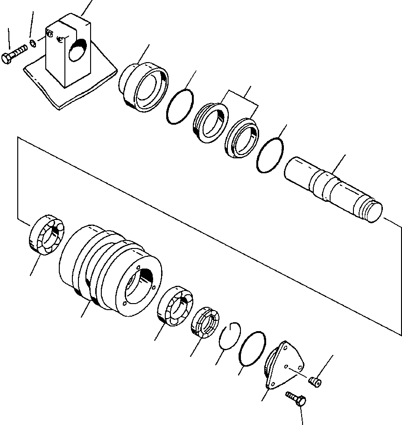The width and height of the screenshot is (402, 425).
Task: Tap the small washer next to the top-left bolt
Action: pos(32,43)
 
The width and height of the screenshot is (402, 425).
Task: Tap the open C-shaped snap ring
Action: pos(229,336)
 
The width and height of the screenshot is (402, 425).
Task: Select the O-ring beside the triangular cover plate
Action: pos(252,349)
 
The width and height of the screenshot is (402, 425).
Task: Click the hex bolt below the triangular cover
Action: pos(296,398)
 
